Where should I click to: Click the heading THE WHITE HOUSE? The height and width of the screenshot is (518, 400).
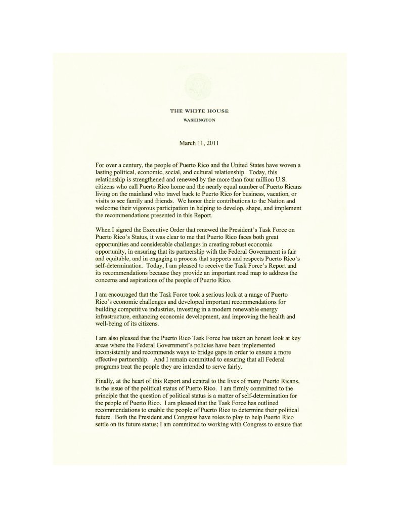pos(199,111)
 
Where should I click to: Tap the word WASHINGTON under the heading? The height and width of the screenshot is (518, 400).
pos(199,120)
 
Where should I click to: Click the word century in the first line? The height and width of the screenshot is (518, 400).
pos(132,166)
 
